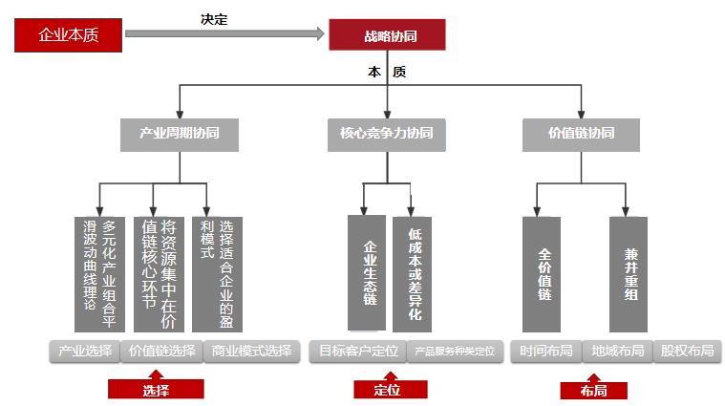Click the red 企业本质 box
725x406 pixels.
(68, 35)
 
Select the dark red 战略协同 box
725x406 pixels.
(387, 35)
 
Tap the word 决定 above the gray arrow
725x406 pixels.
(214, 19)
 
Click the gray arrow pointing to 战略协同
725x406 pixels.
(224, 34)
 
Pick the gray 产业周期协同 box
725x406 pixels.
(179, 134)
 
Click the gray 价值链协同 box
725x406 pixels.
(580, 134)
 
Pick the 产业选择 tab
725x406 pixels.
(85, 351)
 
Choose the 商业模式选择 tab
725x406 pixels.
(251, 351)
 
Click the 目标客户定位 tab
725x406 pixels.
(358, 351)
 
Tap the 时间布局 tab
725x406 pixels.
(545, 351)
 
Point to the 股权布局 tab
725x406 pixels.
(687, 351)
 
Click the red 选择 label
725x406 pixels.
(156, 389)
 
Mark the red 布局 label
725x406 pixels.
(593, 390)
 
